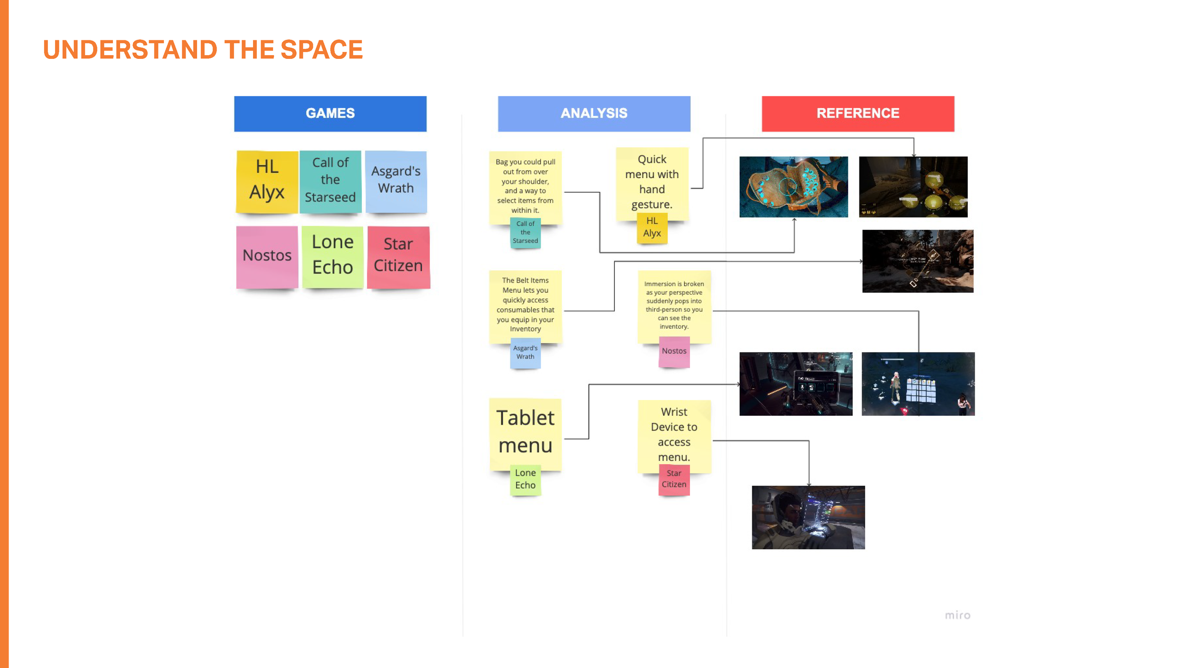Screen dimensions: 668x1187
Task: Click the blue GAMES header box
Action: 330,114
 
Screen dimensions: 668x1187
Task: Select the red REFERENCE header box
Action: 857,114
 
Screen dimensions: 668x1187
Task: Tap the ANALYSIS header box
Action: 593,114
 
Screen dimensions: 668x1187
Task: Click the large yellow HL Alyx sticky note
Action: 267,181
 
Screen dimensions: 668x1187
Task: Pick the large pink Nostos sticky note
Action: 267,257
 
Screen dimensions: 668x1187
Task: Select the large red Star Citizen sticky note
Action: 398,257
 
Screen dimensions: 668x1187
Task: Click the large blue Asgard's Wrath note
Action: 396,181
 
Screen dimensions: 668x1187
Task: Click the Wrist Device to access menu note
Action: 674,435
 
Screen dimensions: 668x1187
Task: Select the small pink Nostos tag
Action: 674,352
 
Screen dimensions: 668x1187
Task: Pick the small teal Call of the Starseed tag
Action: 525,233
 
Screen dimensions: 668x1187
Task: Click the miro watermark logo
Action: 957,615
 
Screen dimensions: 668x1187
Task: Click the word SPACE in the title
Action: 321,50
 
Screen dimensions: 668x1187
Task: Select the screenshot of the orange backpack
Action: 793,187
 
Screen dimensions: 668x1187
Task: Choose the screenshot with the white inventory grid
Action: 918,384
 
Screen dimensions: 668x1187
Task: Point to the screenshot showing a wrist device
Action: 808,517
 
